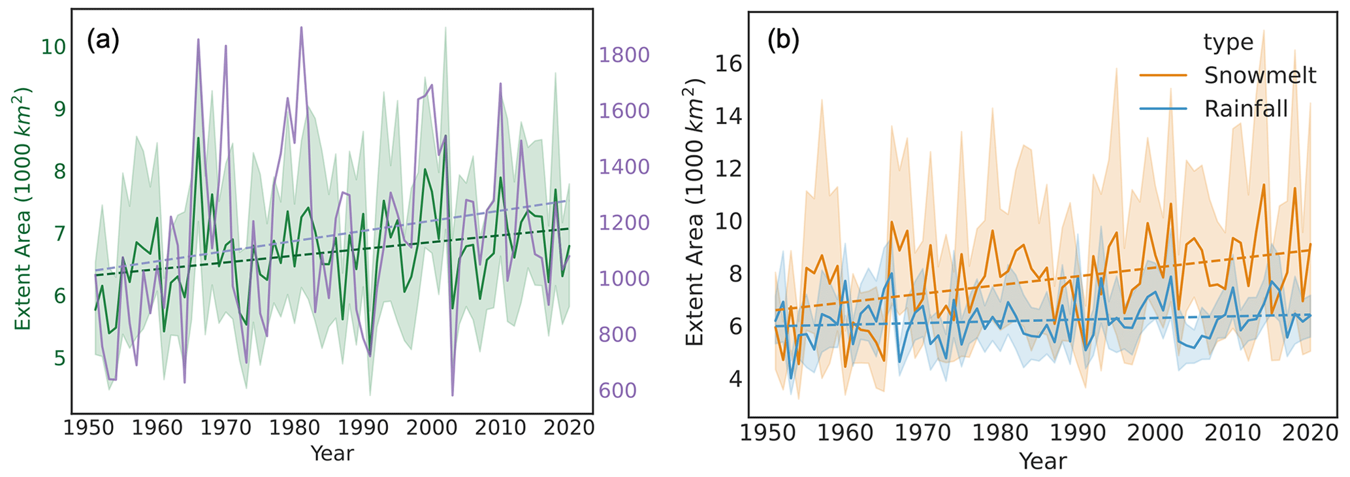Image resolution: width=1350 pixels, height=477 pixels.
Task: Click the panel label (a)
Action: click(103, 41)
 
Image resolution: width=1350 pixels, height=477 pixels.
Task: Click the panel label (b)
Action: click(783, 41)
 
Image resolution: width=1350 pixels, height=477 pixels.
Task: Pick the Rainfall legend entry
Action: click(1246, 108)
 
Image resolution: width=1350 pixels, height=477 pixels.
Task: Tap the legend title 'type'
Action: click(1228, 42)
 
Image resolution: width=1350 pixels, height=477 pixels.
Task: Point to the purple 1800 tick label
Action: click(624, 55)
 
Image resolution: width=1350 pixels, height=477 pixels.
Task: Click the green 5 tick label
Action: click(59, 359)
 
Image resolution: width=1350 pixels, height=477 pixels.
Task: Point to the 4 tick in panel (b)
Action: click(735, 379)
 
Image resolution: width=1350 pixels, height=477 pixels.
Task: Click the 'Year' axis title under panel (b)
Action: click(1042, 461)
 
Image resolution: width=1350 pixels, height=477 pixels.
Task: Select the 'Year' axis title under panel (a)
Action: click(332, 453)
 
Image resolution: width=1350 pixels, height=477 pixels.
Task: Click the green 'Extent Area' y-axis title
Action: click(24, 208)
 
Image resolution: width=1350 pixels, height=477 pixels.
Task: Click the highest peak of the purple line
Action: click(301, 27)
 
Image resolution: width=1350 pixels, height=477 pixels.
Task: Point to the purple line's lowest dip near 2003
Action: click(453, 395)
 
